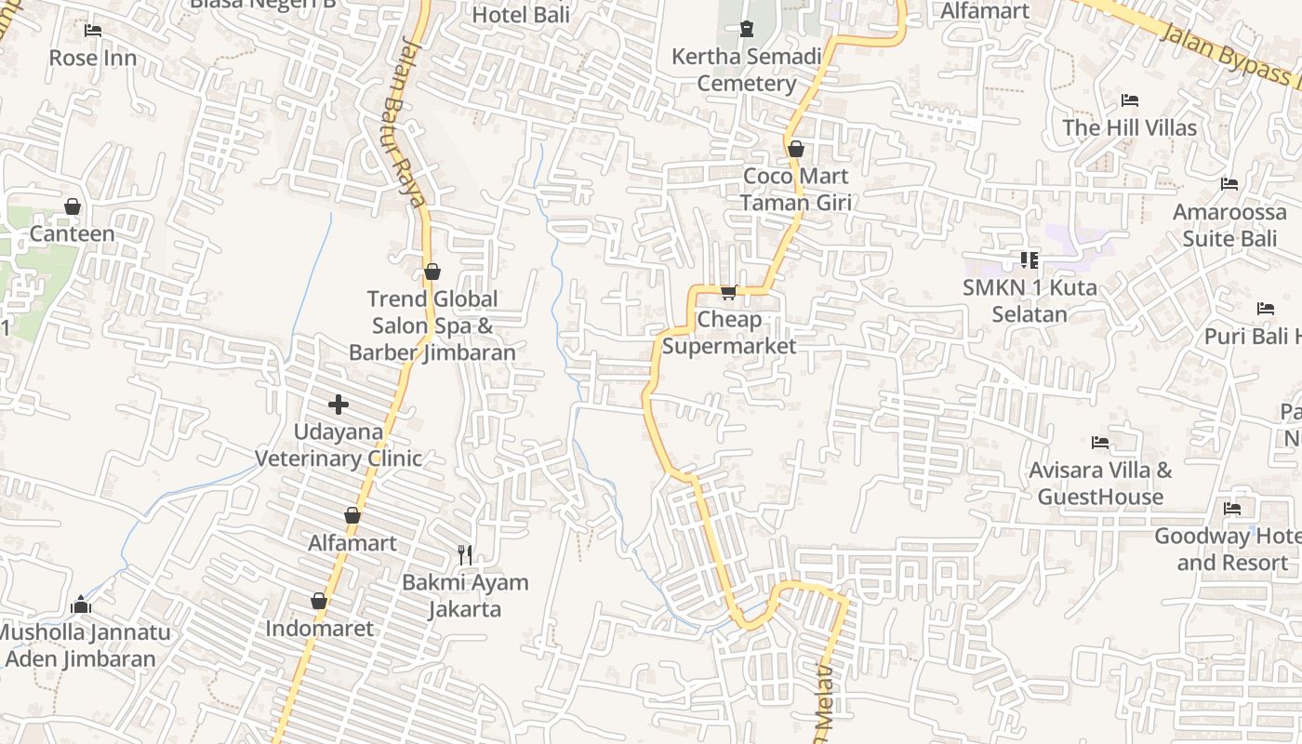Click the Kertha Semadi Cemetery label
coord(747,70)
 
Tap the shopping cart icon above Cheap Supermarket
coord(729,293)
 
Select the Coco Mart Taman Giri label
coord(795,189)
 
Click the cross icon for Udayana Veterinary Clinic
coord(339,405)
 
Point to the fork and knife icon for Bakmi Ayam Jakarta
coord(465,555)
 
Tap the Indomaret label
coord(319,629)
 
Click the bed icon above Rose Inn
coord(92,31)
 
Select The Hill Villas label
coord(1129,127)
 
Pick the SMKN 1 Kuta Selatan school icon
coord(1029,260)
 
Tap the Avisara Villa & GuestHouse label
coord(1100,483)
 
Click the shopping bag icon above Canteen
coord(73,206)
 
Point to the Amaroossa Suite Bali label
coord(1229,225)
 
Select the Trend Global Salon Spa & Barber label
coord(432,325)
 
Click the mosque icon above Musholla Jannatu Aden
coord(81,605)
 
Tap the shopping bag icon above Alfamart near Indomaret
coord(352,515)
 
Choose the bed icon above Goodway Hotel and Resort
coord(1232,509)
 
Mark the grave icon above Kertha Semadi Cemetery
coord(746,29)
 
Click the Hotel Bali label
coord(521,15)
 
